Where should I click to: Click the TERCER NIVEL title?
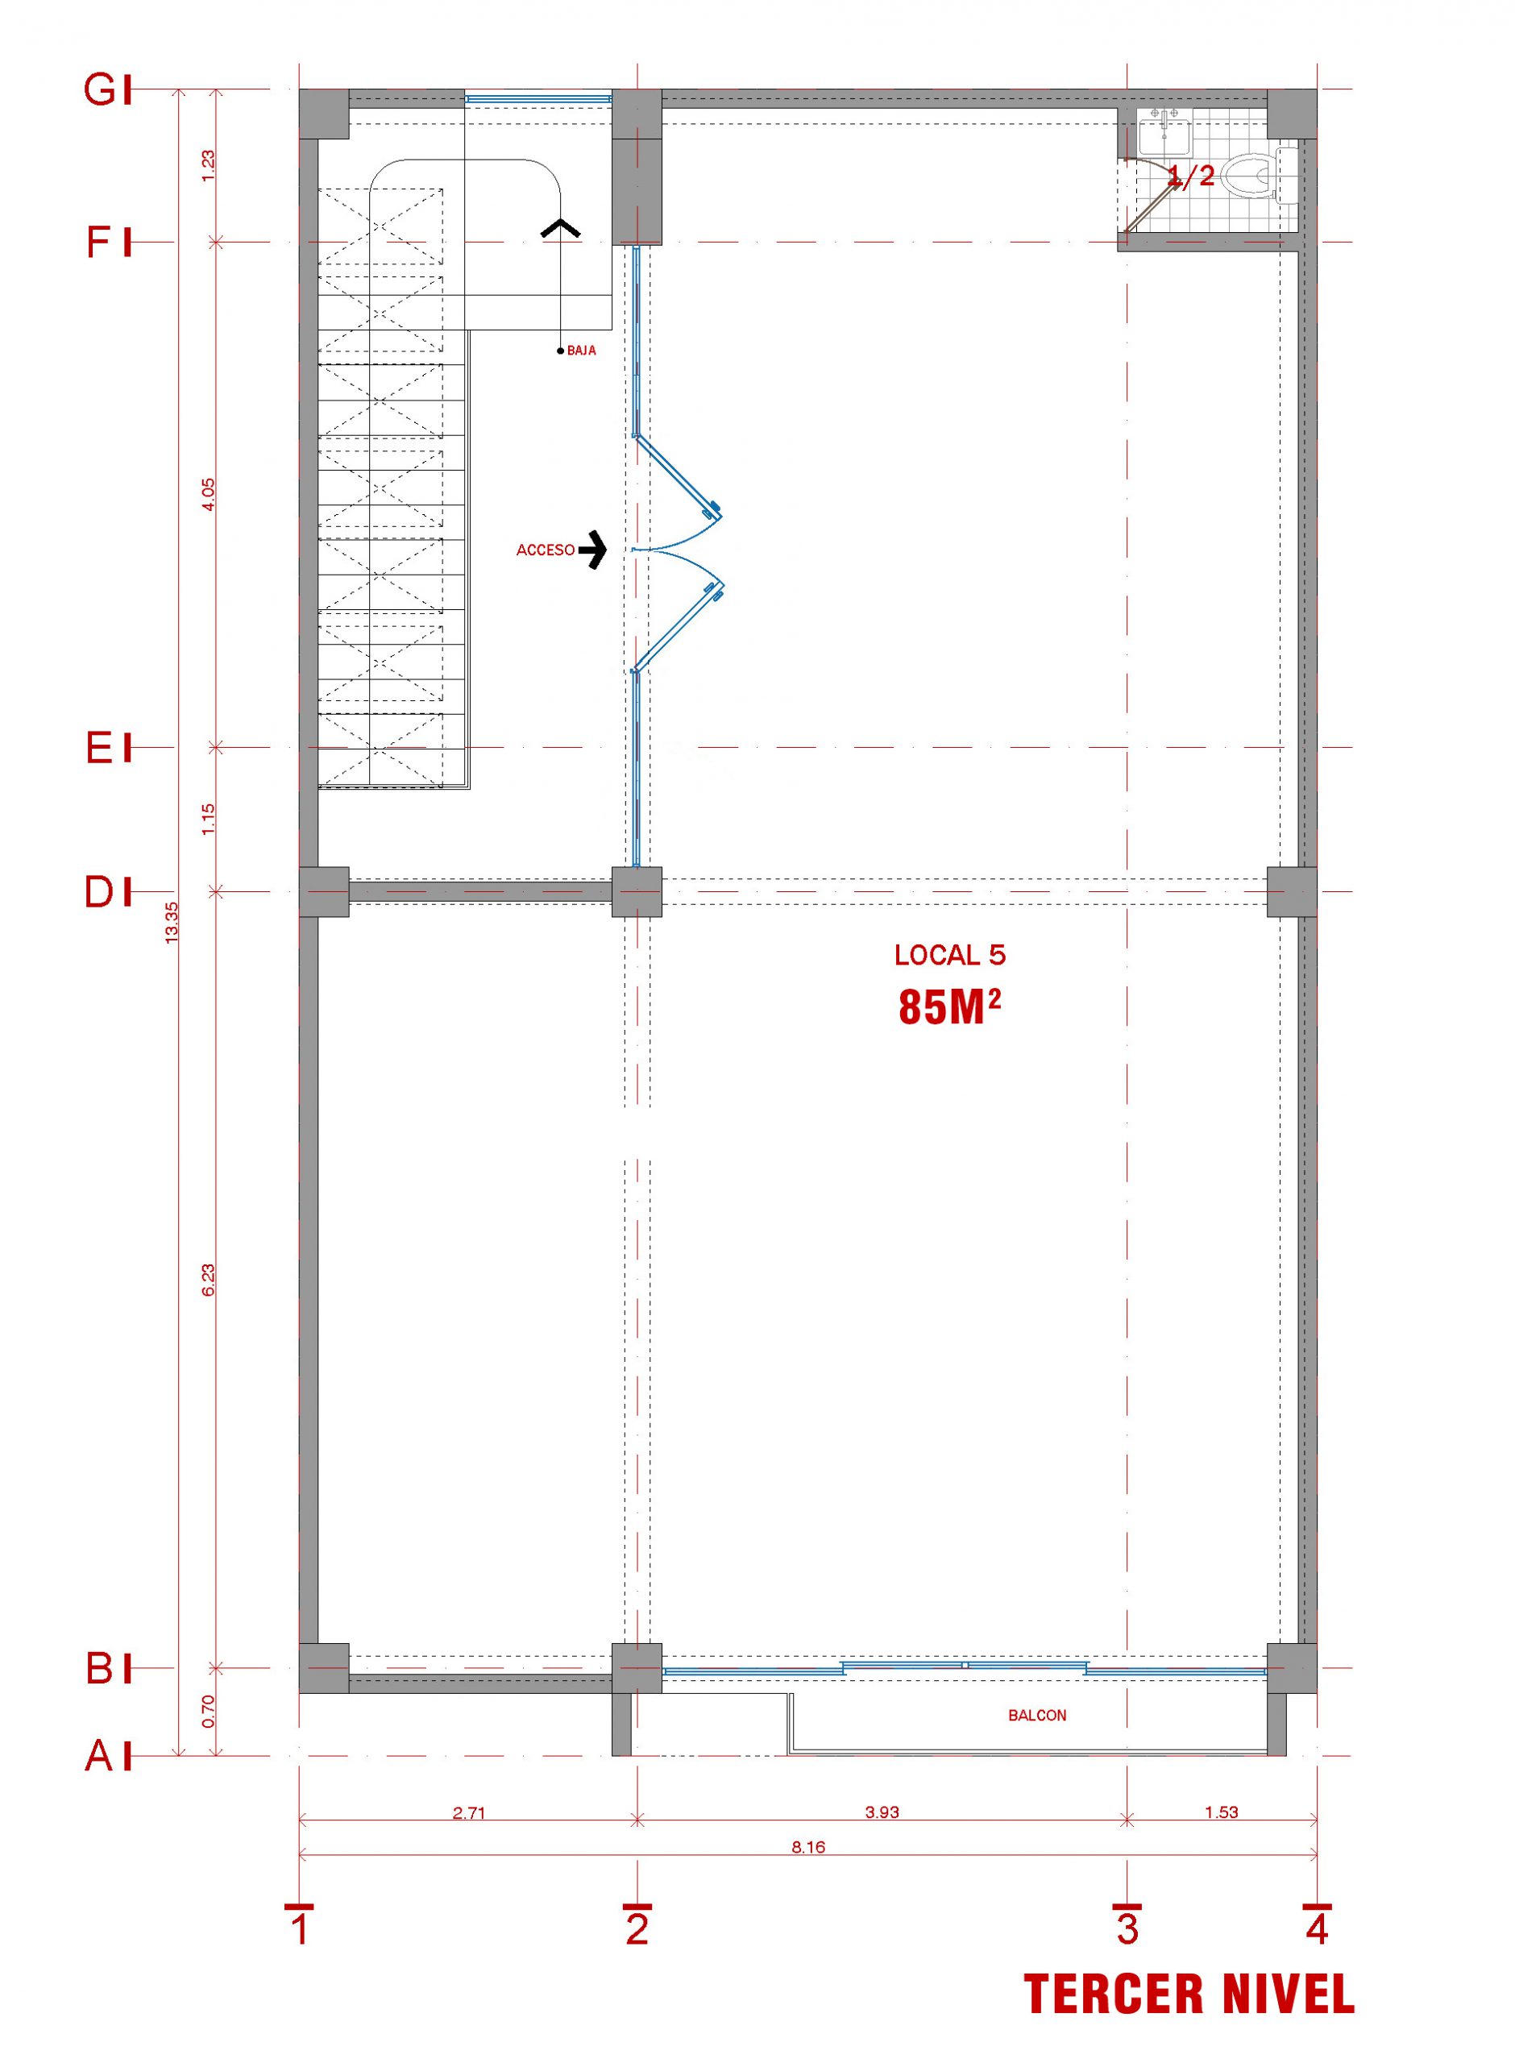pyautogui.click(x=1189, y=1995)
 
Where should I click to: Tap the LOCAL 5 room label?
pyautogui.click(x=950, y=956)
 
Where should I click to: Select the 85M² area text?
pyautogui.click(x=949, y=1007)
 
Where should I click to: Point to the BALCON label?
pyautogui.click(x=1037, y=1716)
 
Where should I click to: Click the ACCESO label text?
pyautogui.click(x=546, y=550)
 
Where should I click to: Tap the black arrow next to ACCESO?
pyautogui.click(x=593, y=550)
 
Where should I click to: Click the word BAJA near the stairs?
pyautogui.click(x=582, y=351)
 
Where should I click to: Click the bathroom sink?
pyautogui.click(x=1164, y=133)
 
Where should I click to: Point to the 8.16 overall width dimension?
pyautogui.click(x=808, y=1846)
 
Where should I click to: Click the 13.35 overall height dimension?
pyautogui.click(x=172, y=923)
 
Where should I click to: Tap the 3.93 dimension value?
pyautogui.click(x=882, y=1812)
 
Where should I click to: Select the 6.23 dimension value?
pyautogui.click(x=208, y=1280)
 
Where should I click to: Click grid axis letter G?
pyautogui.click(x=100, y=90)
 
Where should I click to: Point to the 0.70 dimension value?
pyautogui.click(x=208, y=1711)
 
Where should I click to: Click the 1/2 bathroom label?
pyautogui.click(x=1190, y=175)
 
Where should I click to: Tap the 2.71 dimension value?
pyautogui.click(x=469, y=1812)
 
